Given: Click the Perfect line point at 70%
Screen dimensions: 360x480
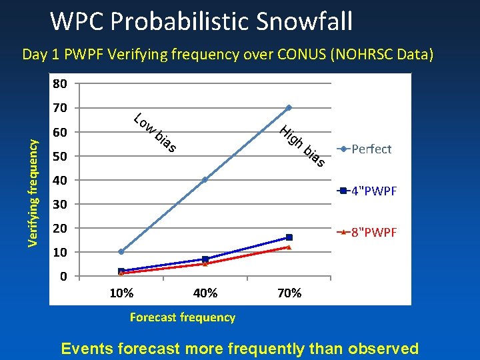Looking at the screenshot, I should (x=289, y=107).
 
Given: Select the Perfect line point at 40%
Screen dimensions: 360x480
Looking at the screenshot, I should (x=205, y=179).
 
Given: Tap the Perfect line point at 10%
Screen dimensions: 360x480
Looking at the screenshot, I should (x=121, y=252).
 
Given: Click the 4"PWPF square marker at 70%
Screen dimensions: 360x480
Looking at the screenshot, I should (x=289, y=237).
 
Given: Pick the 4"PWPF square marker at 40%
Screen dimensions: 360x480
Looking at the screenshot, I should (x=205, y=259).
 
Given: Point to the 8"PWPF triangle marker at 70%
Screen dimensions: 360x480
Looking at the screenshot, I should (x=289, y=247).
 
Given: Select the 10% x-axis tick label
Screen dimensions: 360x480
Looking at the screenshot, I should (x=121, y=293).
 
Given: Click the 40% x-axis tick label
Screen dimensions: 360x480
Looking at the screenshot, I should (x=205, y=293).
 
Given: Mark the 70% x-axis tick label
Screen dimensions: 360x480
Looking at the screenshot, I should (x=289, y=293).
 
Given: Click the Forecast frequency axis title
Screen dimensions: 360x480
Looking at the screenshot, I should (x=183, y=317).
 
